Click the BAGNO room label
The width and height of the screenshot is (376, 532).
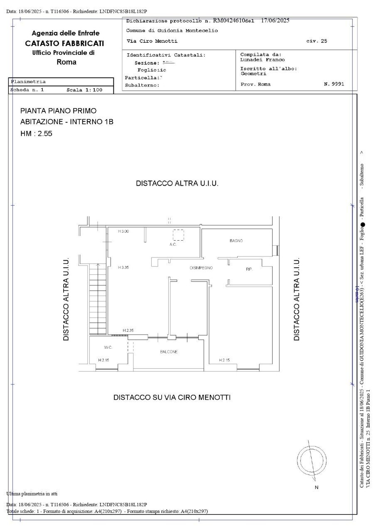point(236,241)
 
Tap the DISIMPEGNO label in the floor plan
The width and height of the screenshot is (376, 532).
point(201,268)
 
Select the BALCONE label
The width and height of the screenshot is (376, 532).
point(169,352)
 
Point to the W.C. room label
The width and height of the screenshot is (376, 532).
point(108,347)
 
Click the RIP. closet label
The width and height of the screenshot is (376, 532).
point(249,269)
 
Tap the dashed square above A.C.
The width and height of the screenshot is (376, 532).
point(178,235)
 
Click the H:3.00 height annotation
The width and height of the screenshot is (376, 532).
point(123,231)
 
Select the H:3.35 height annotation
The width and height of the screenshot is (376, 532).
point(123,268)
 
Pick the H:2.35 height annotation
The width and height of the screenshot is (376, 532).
point(128,330)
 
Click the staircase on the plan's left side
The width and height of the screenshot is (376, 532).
point(98,299)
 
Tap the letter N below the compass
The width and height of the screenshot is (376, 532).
point(316,487)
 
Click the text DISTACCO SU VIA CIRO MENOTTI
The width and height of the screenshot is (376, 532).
point(172,397)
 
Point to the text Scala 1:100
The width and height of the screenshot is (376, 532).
point(84,90)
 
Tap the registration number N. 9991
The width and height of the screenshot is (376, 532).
point(333,84)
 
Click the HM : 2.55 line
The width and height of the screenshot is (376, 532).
point(36,134)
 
